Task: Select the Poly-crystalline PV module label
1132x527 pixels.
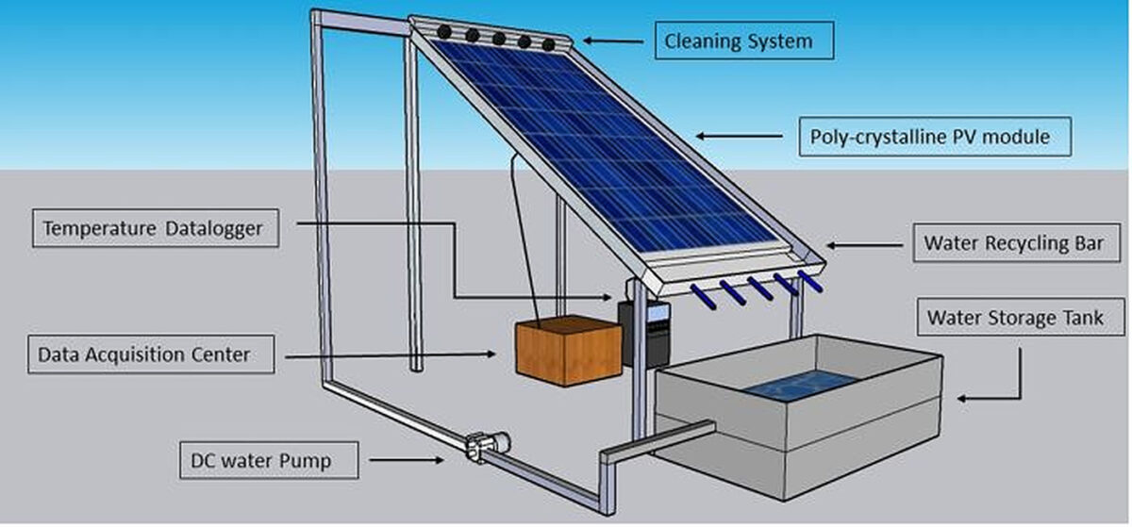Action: click(x=929, y=137)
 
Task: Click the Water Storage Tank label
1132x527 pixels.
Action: click(x=1022, y=318)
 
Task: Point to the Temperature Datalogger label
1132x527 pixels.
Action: click(x=155, y=227)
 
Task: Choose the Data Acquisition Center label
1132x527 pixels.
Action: click(x=151, y=354)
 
